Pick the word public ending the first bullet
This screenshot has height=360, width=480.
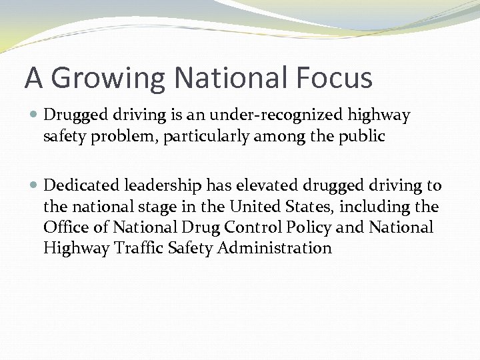click(x=360, y=137)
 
